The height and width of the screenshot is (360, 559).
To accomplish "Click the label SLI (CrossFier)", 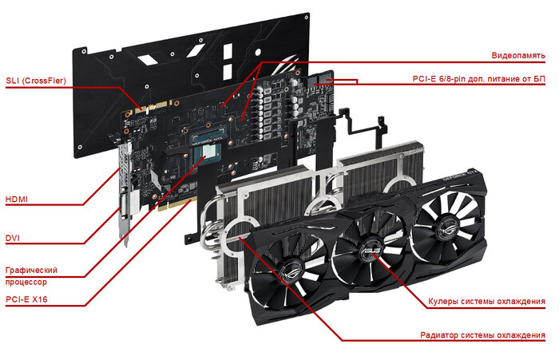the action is click(x=36, y=81).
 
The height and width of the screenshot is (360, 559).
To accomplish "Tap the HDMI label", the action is click(x=17, y=200).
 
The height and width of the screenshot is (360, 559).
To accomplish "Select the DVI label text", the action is click(x=13, y=238).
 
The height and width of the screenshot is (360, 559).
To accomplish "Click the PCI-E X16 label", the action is click(x=26, y=299).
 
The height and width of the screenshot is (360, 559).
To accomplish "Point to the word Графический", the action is click(x=31, y=270).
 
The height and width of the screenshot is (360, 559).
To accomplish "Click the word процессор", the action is click(x=26, y=282).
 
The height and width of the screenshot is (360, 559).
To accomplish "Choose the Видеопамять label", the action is click(x=518, y=55).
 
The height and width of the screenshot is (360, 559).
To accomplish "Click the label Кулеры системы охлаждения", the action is click(x=486, y=302).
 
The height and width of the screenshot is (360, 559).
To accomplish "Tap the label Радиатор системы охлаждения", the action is click(x=482, y=335).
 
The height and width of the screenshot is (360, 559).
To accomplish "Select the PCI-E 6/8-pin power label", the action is click(x=479, y=79).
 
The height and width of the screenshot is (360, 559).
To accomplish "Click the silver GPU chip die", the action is click(x=208, y=152).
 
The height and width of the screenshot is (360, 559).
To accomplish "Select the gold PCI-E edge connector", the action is click(x=177, y=204).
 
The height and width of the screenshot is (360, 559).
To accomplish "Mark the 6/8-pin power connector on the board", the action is click(x=322, y=79).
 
